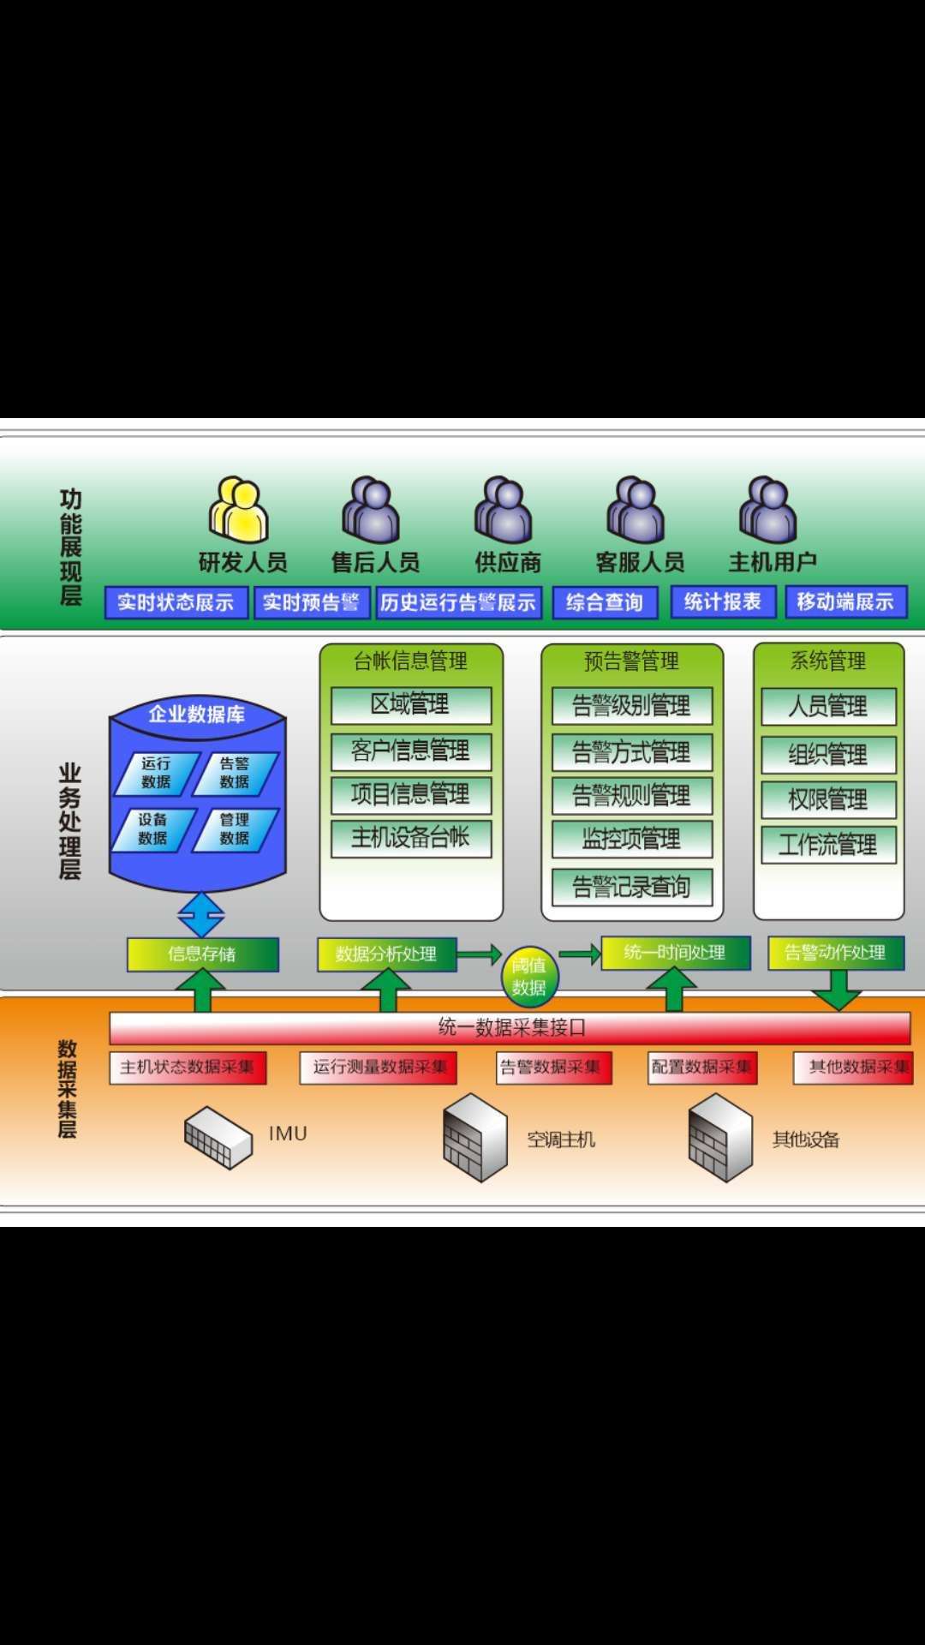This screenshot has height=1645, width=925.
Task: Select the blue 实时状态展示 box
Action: [176, 602]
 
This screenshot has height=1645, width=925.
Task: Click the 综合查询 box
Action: [605, 602]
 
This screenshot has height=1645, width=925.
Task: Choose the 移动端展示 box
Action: [845, 601]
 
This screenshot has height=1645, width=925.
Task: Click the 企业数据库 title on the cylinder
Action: [197, 715]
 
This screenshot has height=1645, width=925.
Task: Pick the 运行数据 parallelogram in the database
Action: [157, 773]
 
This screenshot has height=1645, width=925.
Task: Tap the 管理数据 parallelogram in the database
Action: [235, 829]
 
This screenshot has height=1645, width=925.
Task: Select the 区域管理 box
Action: [411, 705]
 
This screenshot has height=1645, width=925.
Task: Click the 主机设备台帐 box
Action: [411, 838]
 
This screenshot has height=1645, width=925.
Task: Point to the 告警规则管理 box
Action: [632, 796]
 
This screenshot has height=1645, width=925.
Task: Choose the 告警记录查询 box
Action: [632, 887]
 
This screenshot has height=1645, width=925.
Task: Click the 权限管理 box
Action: [828, 799]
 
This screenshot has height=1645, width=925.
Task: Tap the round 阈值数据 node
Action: [529, 977]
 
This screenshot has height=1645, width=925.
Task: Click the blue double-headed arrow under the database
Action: [201, 915]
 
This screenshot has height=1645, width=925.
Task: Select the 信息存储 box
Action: [203, 954]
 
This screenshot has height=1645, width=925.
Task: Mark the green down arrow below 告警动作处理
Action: [836, 992]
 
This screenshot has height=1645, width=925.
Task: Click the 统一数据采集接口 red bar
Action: [510, 1027]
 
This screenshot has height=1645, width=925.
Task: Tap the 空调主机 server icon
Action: [475, 1138]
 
